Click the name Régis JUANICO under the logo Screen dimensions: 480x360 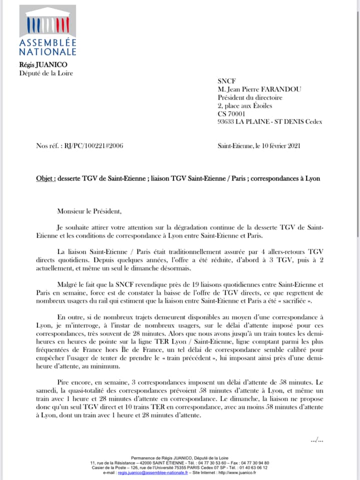point(42,64)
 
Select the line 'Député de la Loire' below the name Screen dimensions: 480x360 point(45,73)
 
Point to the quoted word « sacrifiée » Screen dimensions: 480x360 point(304,301)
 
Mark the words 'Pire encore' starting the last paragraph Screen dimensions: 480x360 point(74,376)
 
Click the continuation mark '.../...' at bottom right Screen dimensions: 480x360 point(317,439)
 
